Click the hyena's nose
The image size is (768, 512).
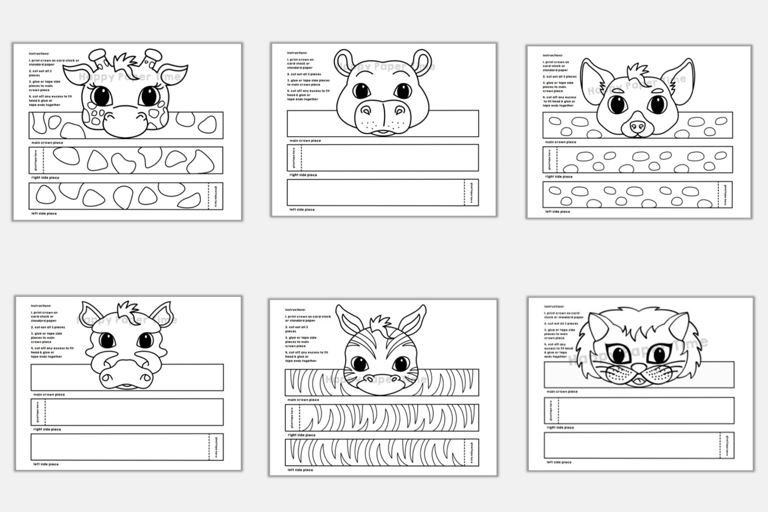coord(637,126)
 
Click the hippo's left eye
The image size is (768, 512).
coord(362,90)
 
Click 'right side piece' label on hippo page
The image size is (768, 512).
coord(302,174)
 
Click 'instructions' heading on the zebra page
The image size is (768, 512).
coord(295,309)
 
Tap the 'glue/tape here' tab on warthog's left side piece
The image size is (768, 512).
coord(216,447)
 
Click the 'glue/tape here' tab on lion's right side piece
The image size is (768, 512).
coord(551,410)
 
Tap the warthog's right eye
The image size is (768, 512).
coord(145,340)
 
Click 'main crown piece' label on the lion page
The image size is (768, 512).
coord(562,391)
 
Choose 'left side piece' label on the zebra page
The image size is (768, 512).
coord(301,470)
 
